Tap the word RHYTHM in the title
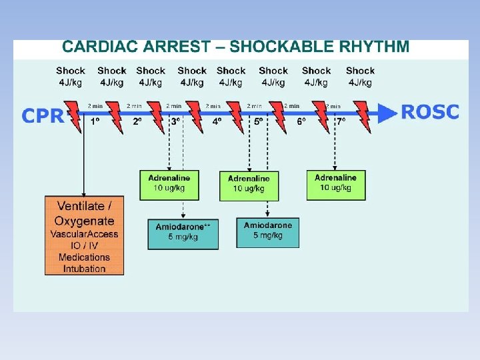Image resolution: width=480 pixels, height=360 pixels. point(375,47)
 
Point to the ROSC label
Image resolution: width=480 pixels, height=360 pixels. point(430,112)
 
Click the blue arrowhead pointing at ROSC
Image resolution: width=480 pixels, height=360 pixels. point(387,114)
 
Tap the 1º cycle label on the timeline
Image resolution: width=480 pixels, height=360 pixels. point(95,122)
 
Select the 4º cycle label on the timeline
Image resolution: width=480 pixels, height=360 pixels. point(217,122)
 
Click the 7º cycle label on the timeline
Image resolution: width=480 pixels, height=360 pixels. point(341,122)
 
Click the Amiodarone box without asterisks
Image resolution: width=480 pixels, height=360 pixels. point(267,232)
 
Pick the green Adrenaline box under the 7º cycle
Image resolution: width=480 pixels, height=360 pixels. point(336,185)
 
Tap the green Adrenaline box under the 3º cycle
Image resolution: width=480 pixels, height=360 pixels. point(169,185)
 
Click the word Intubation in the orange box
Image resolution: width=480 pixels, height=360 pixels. point(84,269)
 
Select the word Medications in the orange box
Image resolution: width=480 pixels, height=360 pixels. point(84,257)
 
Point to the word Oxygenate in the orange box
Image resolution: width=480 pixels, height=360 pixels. point(84,221)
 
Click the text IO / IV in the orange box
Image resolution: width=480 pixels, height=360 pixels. point(84,245)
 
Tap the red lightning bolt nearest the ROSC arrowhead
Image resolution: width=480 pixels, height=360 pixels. point(361,117)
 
